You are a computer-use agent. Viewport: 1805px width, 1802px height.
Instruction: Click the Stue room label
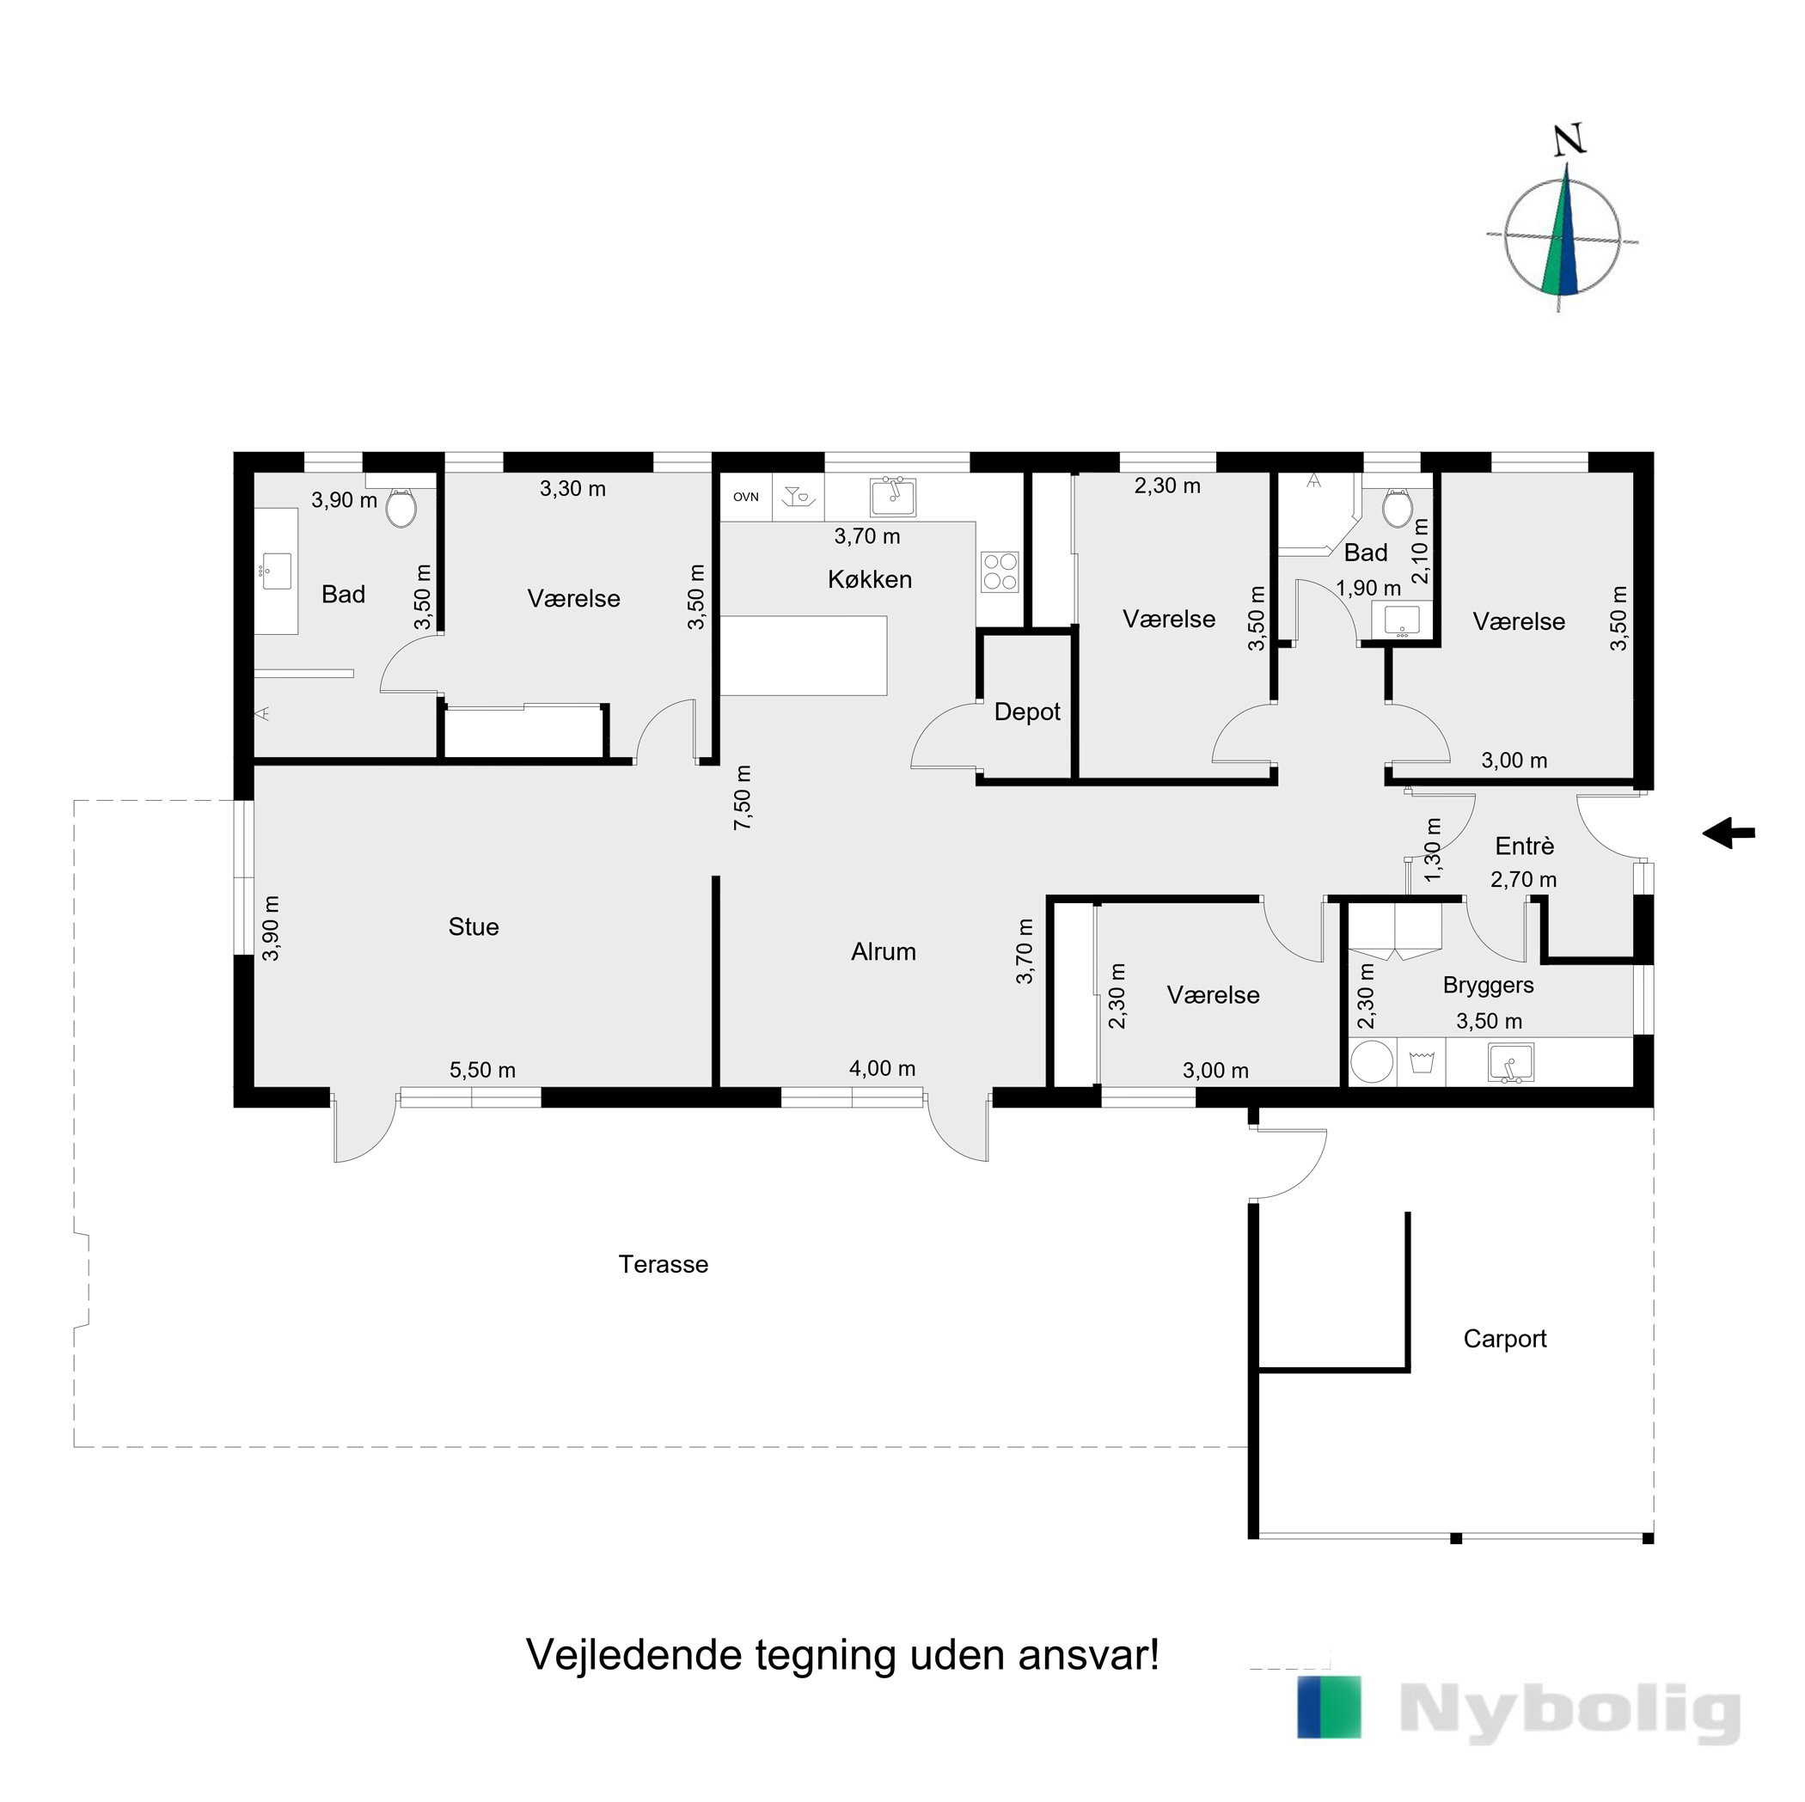point(474,926)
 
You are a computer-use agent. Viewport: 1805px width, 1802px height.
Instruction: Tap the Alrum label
point(884,952)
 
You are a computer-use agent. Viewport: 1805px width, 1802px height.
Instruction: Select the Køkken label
point(870,579)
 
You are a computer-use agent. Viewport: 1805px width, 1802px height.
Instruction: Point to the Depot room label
point(1028,712)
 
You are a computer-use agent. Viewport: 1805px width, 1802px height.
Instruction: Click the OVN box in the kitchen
point(745,497)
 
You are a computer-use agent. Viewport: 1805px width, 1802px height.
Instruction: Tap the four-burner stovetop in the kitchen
point(1000,571)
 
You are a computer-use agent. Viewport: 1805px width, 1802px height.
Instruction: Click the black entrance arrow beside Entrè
point(1729,833)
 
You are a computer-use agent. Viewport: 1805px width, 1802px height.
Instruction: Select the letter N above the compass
point(1569,140)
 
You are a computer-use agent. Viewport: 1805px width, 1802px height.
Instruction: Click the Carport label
point(1505,1339)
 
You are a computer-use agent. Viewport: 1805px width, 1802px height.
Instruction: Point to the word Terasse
point(664,1264)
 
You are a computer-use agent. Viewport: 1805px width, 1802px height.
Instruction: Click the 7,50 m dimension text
point(743,797)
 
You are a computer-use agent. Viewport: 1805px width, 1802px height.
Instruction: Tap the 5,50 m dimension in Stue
point(482,1071)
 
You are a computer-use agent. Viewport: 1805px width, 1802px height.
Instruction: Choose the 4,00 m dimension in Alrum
point(882,1069)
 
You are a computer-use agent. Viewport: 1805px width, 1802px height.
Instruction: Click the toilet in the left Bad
point(401,506)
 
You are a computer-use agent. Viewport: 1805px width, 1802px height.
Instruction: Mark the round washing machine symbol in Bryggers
point(1372,1062)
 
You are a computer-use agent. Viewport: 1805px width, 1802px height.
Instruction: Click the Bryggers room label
point(1489,986)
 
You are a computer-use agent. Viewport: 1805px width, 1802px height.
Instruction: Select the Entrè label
point(1525,846)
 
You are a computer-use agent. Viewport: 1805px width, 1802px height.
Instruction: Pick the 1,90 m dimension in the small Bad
point(1368,589)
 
